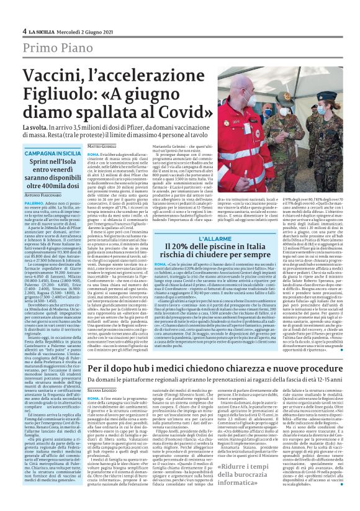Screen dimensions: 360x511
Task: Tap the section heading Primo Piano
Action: point(55,49)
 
